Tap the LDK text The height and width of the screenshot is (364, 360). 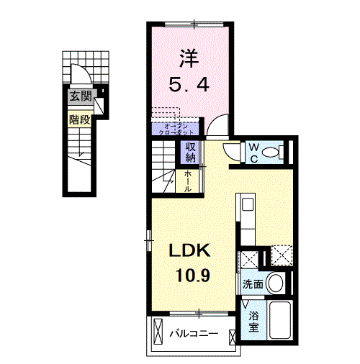pyautogui.click(x=190, y=250)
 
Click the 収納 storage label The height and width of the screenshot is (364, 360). pyautogui.click(x=191, y=152)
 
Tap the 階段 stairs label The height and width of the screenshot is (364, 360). pyautogui.click(x=78, y=119)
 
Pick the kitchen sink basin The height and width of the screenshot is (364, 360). pyautogui.click(x=247, y=204)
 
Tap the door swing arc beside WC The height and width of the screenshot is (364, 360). pyautogui.click(x=232, y=153)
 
